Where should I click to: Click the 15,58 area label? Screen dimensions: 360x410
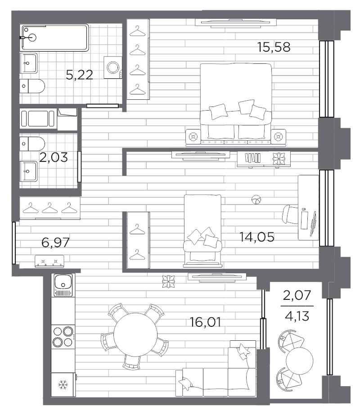(x=274, y=47)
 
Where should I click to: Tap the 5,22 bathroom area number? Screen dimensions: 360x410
(x=79, y=76)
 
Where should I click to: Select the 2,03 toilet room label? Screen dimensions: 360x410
(x=54, y=157)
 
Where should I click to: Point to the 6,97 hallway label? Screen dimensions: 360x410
(x=55, y=242)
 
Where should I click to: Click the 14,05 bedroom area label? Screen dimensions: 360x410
(x=257, y=237)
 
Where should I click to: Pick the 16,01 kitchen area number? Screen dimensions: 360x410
(x=206, y=322)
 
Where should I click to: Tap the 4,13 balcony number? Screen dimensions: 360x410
(x=297, y=316)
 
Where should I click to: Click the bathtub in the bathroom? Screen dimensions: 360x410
(x=54, y=38)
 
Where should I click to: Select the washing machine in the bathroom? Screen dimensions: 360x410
(x=113, y=67)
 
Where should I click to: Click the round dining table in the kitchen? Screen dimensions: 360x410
(x=135, y=334)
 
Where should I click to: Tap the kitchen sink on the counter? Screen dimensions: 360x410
(x=63, y=285)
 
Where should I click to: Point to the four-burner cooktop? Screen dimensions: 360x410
(x=63, y=337)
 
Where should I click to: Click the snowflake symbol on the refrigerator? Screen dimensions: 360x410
(x=63, y=385)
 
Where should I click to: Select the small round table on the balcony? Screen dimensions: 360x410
(x=300, y=361)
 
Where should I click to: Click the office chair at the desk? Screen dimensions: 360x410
(x=290, y=214)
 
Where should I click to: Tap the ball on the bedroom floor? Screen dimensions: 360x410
(x=256, y=200)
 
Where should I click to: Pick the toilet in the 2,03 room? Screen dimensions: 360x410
(x=32, y=144)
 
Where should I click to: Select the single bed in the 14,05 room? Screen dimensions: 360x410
(x=202, y=231)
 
